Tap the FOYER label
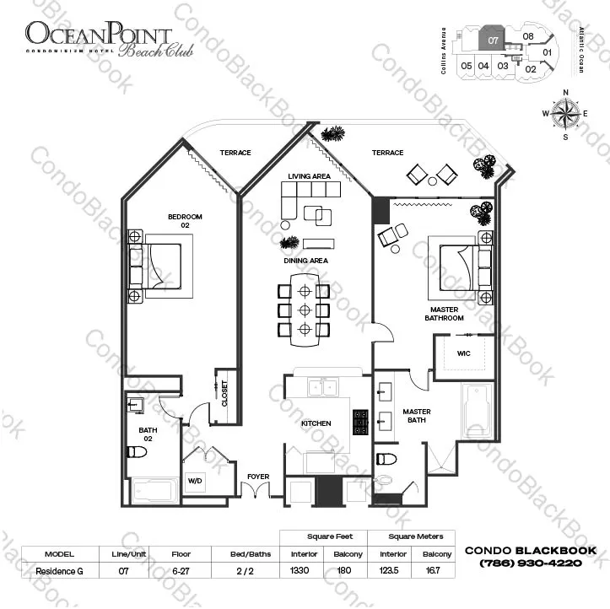pos(258,477)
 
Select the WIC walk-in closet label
pos(464,353)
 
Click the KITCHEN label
pos(316,423)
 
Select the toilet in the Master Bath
pos(386,460)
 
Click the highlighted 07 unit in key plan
pos(494,39)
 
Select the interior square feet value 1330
pos(299,570)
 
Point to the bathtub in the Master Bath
pos(478,412)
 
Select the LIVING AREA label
pos(309,176)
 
